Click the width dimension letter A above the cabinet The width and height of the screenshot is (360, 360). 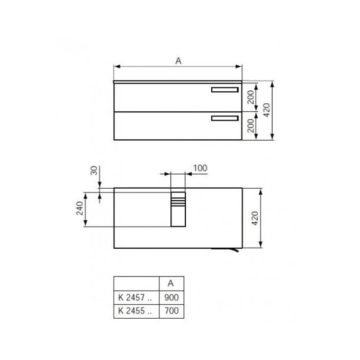[178, 61]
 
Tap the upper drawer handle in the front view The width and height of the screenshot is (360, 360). [225, 90]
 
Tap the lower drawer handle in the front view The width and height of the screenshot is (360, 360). [225, 118]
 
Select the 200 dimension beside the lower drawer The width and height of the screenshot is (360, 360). [251, 126]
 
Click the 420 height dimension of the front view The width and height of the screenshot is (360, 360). [267, 111]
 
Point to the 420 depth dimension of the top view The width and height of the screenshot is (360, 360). [255, 218]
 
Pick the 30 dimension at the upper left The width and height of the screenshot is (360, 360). [94, 171]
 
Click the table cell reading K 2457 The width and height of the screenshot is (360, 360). [135, 298]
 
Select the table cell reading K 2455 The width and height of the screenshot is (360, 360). [135, 311]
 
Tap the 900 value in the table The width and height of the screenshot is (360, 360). [171, 298]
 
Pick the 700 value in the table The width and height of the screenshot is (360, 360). [171, 311]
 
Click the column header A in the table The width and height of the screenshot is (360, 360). [171, 284]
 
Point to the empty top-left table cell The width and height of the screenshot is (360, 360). [135, 284]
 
